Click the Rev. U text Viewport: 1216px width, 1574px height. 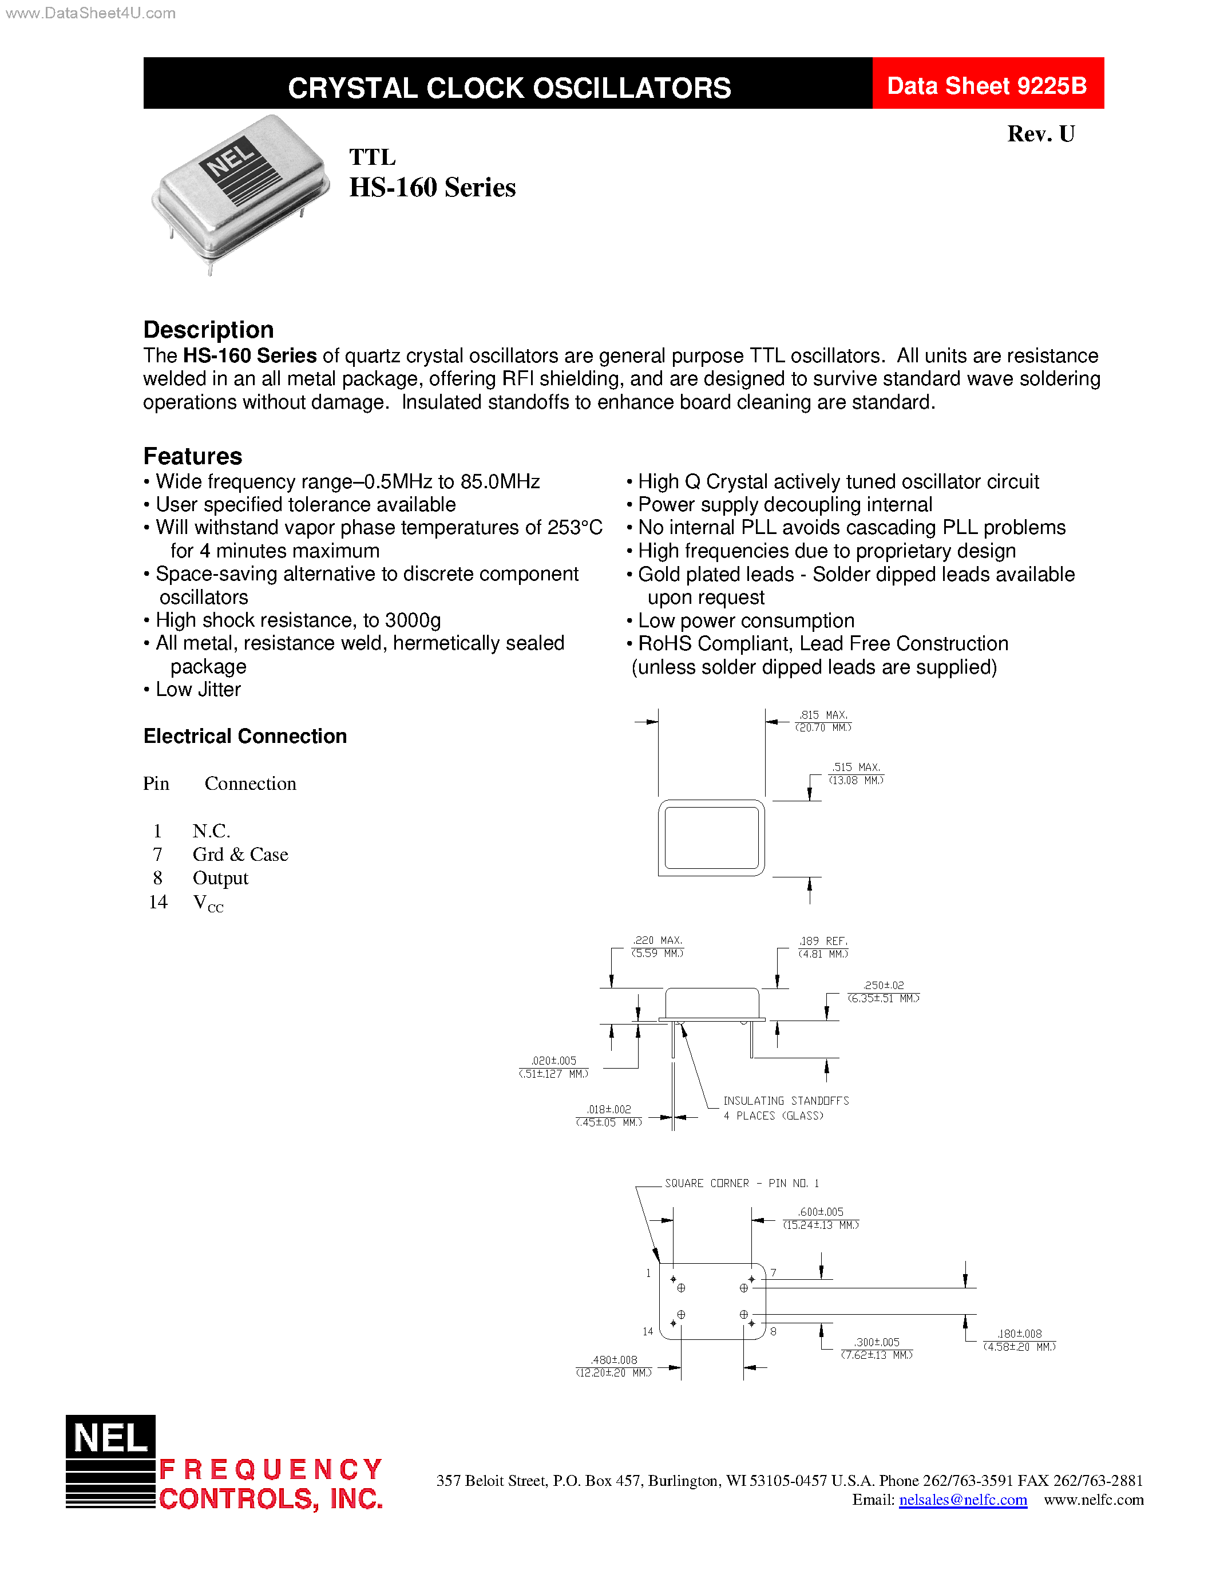(1040, 134)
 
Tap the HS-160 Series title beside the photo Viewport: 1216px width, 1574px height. (432, 187)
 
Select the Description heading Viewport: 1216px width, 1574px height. (208, 329)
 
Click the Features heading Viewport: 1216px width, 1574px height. (192, 456)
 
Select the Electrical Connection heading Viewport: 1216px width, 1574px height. (245, 736)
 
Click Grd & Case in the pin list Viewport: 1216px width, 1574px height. (240, 855)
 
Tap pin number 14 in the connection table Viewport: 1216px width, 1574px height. (158, 902)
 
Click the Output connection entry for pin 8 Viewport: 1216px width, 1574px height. (220, 879)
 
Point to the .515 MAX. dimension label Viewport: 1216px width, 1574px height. (856, 767)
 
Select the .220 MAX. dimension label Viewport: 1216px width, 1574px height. (657, 940)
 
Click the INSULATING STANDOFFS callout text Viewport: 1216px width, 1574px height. (785, 1101)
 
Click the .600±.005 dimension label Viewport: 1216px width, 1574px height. (820, 1212)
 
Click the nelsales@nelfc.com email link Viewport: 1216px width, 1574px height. (962, 1500)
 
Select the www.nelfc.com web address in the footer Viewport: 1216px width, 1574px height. (1093, 1500)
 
